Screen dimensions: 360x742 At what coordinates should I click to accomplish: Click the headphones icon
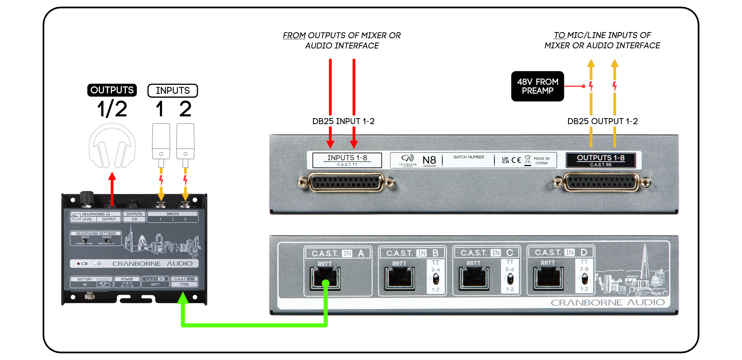(112, 146)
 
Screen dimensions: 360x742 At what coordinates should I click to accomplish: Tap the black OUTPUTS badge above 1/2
(112, 90)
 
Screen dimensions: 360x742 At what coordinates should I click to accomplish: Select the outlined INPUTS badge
(172, 90)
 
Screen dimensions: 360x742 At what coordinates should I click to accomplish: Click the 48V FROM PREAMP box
(537, 86)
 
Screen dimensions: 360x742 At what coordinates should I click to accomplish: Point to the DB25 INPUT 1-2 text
(343, 121)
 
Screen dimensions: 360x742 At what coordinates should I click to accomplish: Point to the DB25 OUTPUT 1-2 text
(602, 121)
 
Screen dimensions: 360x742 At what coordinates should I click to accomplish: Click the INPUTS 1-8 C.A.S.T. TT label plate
(347, 160)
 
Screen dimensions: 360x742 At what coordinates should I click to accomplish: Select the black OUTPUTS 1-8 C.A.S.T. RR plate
(601, 160)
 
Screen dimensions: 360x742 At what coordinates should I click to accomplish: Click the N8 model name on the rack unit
(429, 160)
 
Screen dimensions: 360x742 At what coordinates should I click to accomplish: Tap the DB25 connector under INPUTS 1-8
(346, 182)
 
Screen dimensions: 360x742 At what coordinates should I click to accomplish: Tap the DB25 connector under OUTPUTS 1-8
(601, 182)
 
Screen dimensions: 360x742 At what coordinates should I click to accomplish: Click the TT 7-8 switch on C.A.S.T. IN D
(584, 278)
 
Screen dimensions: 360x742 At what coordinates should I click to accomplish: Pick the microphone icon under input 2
(185, 141)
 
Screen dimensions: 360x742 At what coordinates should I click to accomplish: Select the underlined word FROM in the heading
(294, 36)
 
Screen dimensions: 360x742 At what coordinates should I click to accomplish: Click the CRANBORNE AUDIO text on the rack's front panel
(608, 302)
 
